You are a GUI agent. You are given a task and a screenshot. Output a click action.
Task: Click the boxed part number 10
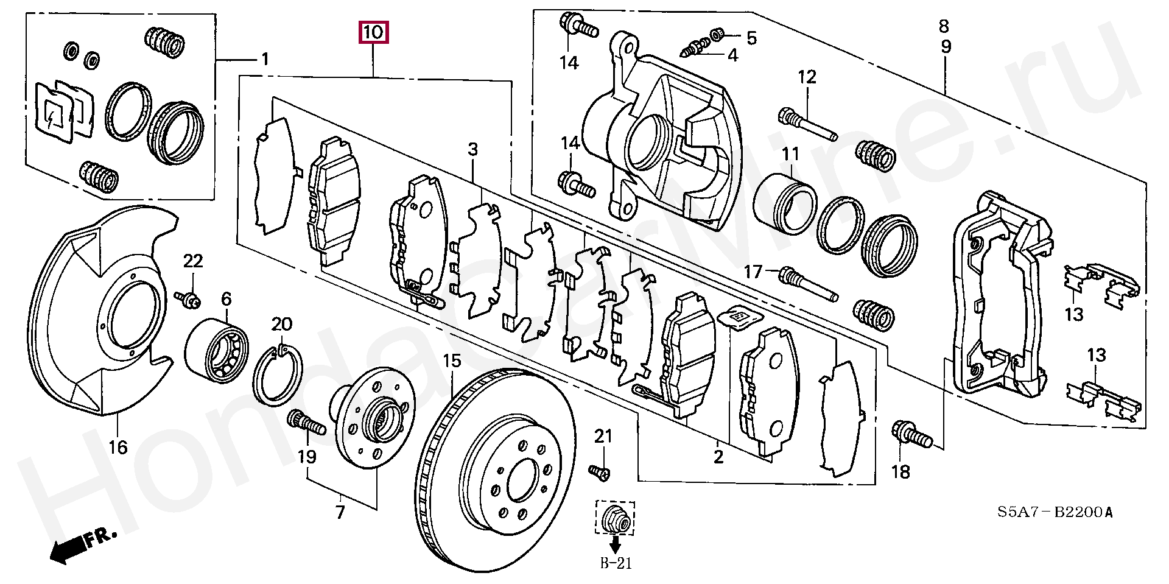click(x=373, y=32)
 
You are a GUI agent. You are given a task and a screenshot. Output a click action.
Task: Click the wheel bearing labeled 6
click(x=217, y=350)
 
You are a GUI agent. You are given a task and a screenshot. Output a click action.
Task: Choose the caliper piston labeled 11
click(x=785, y=204)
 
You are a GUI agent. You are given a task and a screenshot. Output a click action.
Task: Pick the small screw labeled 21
click(x=600, y=473)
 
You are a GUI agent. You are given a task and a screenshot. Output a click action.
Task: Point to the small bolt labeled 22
click(x=189, y=298)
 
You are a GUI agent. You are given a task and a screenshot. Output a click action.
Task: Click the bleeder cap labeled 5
click(x=718, y=32)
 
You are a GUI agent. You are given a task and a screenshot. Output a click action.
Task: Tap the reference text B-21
click(x=616, y=563)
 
